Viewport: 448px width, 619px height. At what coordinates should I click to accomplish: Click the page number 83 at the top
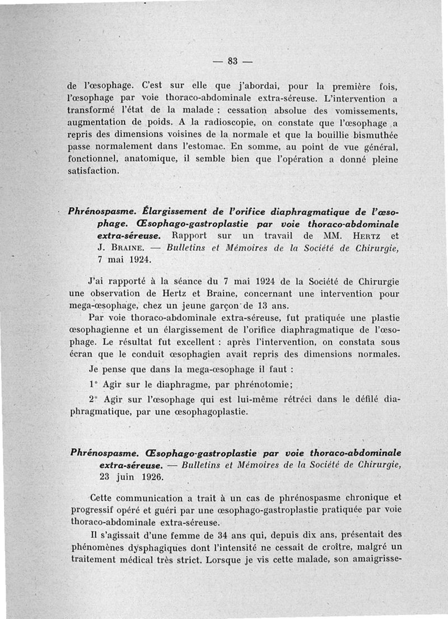[x=231, y=62]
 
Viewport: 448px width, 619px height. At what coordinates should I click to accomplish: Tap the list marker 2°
[x=94, y=400]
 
